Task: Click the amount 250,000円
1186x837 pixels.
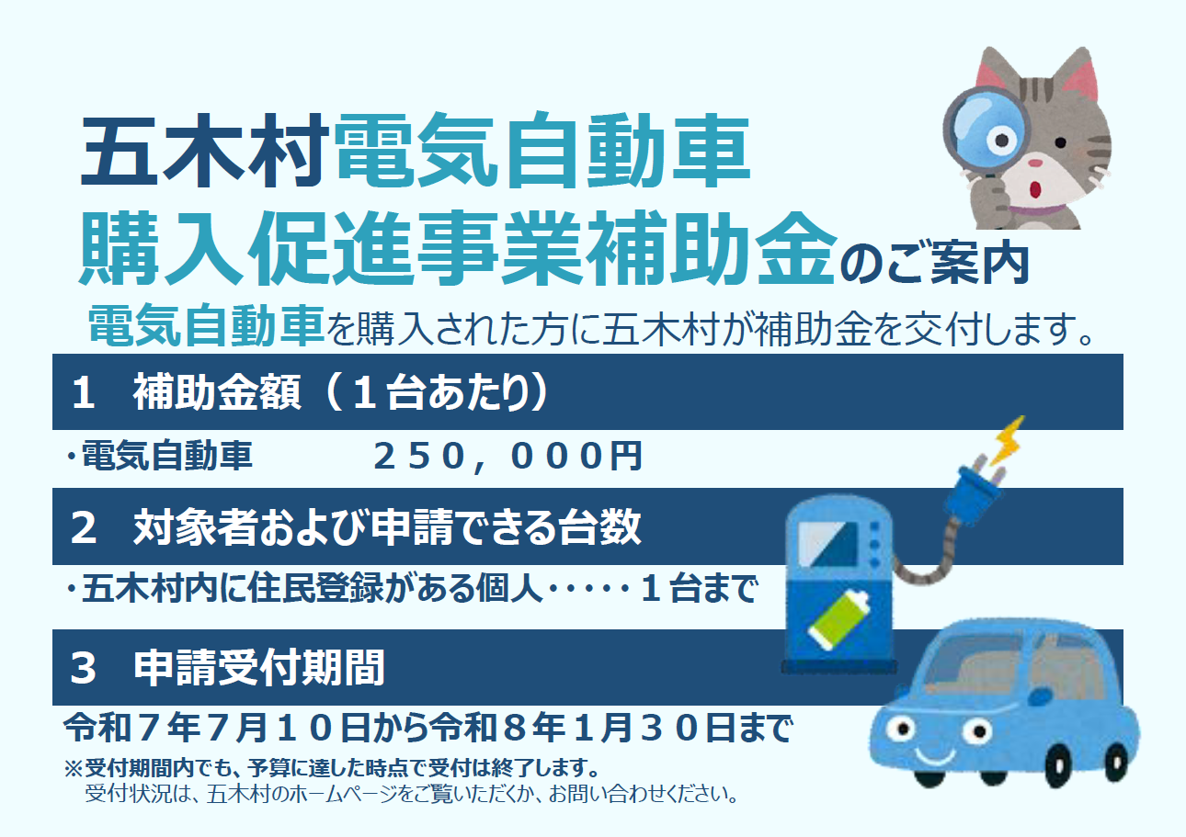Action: pyautogui.click(x=507, y=457)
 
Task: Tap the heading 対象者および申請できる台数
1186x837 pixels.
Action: pyautogui.click(x=386, y=528)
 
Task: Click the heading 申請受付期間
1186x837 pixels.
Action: pyautogui.click(x=258, y=668)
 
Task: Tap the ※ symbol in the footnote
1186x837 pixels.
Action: pyautogui.click(x=73, y=767)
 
